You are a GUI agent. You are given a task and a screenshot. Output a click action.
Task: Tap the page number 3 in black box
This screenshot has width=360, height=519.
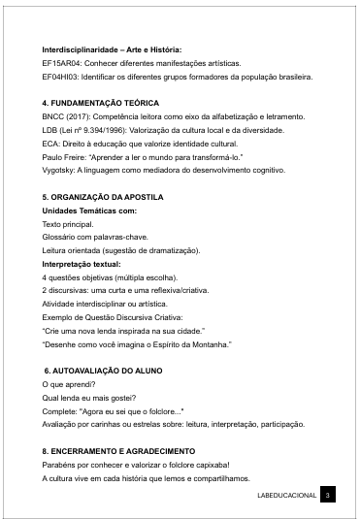(x=328, y=496)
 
